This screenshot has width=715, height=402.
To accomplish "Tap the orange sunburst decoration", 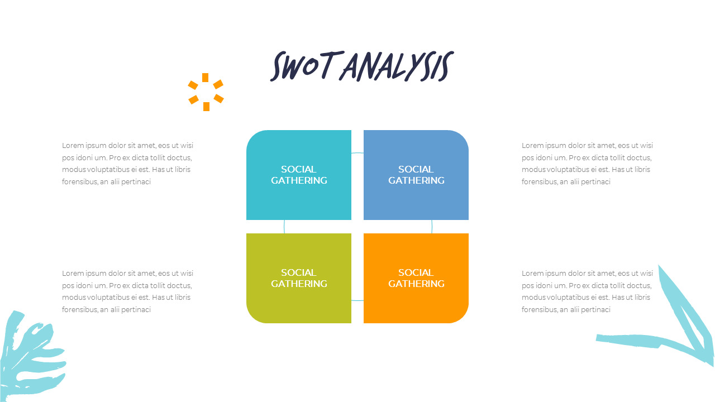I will (x=206, y=92).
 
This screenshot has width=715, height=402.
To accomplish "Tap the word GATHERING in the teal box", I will (x=299, y=180).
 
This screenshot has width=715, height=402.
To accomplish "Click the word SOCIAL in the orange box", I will (x=416, y=272).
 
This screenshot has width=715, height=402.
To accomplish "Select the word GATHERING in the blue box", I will (x=416, y=180).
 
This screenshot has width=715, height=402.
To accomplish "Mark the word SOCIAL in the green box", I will (x=298, y=272).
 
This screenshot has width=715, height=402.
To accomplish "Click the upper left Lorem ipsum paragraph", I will (x=127, y=164).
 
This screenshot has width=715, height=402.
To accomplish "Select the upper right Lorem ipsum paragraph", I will (x=587, y=164).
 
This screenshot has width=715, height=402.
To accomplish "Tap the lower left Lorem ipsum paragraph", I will (x=127, y=291).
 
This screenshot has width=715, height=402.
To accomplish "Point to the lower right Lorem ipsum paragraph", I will (x=587, y=291).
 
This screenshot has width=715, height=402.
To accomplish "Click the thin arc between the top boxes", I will (x=357, y=153).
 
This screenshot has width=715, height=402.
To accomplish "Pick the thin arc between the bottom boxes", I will (x=357, y=300).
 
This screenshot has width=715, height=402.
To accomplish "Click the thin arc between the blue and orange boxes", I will (x=432, y=227).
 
